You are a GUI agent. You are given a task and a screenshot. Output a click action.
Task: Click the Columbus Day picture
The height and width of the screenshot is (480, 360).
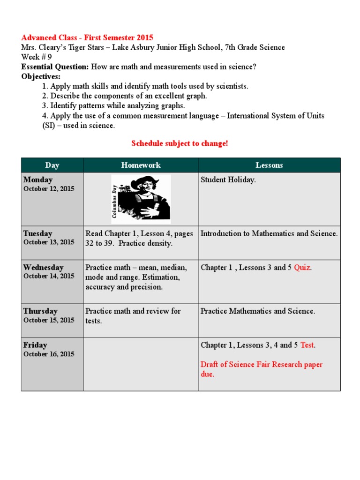coord(141,199)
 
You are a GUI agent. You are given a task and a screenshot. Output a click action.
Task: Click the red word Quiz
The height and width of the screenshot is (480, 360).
coord(302,268)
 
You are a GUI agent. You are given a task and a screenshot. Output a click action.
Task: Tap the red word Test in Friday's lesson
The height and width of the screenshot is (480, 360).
coord(307,345)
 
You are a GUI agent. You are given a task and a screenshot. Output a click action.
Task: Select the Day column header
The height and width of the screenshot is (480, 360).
coord(52,165)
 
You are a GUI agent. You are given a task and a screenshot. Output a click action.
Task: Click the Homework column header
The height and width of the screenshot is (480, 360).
coord(141,165)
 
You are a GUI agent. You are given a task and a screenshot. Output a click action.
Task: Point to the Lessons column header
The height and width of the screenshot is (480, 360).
coord(269,165)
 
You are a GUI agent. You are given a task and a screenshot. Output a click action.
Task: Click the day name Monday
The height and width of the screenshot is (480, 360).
coord(38,180)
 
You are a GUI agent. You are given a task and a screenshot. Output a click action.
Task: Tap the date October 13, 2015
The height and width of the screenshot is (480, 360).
coord(49,242)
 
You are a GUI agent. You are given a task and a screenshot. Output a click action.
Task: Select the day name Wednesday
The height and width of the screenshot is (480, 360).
coord(43,268)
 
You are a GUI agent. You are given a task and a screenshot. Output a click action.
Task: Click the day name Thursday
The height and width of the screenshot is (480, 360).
coord(40,311)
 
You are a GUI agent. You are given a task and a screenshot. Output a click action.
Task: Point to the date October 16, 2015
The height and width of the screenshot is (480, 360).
coord(49,354)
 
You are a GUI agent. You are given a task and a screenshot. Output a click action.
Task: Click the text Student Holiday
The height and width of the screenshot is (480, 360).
coord(228,180)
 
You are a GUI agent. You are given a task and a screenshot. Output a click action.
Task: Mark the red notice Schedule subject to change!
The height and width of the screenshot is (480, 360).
coord(180,143)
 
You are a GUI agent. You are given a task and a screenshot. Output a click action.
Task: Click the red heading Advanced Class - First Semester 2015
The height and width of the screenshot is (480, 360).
coord(87,37)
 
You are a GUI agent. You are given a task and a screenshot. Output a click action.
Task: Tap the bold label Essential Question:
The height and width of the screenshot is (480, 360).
coord(55,67)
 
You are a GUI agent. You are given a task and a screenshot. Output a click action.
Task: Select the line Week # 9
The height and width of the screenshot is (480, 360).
coord(37,57)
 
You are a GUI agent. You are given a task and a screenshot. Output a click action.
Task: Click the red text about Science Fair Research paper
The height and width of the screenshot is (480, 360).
coord(261,369)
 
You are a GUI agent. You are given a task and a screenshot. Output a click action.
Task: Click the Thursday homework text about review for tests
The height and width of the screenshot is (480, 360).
coord(133,316)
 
